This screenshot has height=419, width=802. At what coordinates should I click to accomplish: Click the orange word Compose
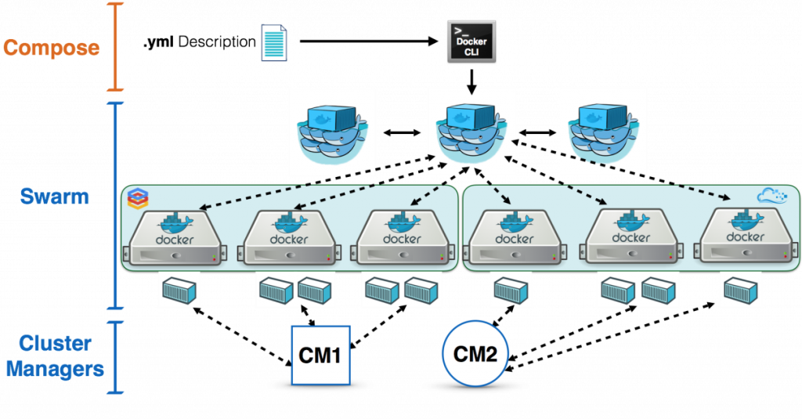tap(52, 48)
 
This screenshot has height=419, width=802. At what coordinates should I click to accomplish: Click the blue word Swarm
tap(55, 196)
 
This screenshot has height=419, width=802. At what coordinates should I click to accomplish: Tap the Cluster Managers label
tap(55, 356)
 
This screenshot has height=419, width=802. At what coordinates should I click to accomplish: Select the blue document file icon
tap(274, 42)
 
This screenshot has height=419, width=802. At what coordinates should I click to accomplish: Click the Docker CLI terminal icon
tap(471, 42)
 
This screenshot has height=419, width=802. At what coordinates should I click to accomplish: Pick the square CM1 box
tap(320, 355)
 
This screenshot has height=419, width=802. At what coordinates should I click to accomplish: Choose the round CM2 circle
tap(475, 354)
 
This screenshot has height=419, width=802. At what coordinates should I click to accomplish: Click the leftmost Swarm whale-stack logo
tap(332, 132)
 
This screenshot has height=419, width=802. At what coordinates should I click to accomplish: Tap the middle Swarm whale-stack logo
tap(471, 130)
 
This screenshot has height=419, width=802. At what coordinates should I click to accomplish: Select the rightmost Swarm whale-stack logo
tap(603, 130)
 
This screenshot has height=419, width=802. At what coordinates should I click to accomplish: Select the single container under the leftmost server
tap(179, 291)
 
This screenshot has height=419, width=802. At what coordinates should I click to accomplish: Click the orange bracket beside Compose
tap(116, 47)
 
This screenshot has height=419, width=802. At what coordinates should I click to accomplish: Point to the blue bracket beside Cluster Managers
tap(116, 356)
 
